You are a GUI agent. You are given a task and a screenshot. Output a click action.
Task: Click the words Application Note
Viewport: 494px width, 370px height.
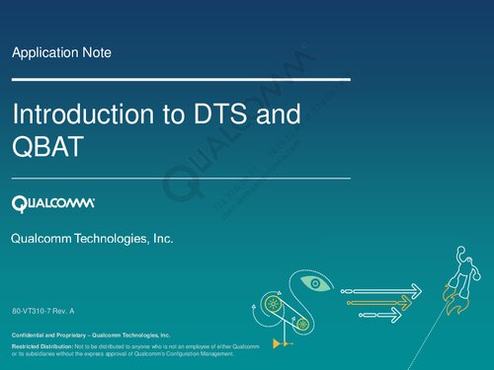(61, 51)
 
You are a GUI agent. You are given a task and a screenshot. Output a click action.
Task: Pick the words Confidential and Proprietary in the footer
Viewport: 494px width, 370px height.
(50, 336)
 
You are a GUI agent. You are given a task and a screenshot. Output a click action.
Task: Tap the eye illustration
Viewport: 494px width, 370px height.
(314, 284)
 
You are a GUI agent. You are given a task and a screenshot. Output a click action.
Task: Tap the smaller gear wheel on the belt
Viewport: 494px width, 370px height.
(302, 324)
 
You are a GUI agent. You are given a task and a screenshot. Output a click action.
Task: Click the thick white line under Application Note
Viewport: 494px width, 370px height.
(180, 77)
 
